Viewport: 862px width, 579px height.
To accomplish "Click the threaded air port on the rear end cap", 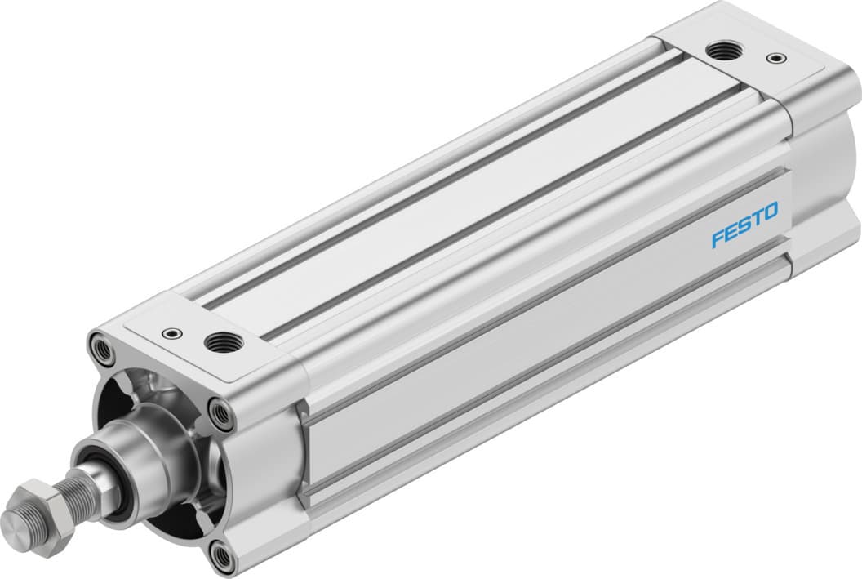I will pos(720,52).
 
